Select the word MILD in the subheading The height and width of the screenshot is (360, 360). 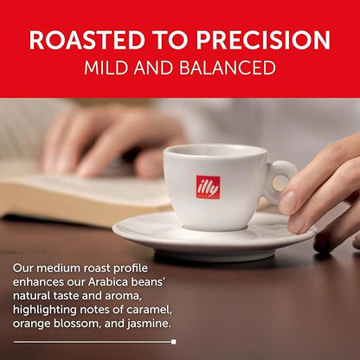click(x=107, y=67)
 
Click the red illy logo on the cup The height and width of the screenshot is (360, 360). click(x=208, y=187)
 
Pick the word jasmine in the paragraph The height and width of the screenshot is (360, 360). click(x=148, y=324)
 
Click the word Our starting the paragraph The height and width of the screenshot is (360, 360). click(x=23, y=268)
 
